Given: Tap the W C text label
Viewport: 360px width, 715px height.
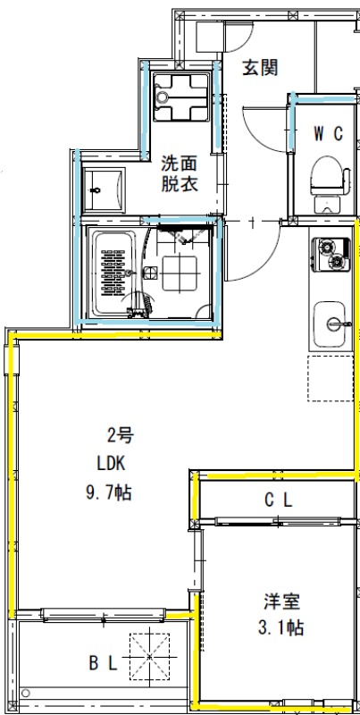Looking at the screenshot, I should [328, 133].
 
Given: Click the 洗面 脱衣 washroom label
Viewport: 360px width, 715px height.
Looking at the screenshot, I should [179, 173].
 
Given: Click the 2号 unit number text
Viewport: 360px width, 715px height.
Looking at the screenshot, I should [121, 437].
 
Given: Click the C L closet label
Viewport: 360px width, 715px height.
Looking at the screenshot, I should [278, 501].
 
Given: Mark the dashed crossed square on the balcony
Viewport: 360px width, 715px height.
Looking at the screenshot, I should [149, 655].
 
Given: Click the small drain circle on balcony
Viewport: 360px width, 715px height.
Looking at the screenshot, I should [26, 693].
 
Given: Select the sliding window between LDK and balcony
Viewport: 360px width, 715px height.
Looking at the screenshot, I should [104, 615].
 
